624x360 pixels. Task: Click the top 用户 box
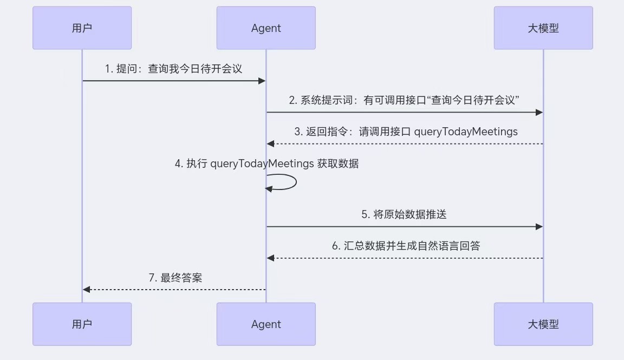(x=82, y=28)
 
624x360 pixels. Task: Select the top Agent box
(x=266, y=28)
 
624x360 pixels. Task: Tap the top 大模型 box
(x=543, y=28)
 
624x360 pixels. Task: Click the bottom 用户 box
(x=82, y=324)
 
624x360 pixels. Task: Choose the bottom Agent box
(x=266, y=324)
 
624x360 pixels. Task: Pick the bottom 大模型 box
(x=543, y=324)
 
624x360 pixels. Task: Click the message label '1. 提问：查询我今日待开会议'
(x=173, y=69)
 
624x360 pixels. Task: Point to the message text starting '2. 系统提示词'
(x=404, y=100)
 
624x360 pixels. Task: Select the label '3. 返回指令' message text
(x=406, y=132)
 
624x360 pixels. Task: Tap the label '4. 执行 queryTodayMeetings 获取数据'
(x=266, y=163)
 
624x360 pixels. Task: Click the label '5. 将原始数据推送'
(x=404, y=214)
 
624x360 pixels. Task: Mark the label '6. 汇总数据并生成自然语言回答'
(x=406, y=246)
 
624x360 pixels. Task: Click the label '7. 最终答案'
(x=175, y=278)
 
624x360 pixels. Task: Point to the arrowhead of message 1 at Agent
(x=262, y=81)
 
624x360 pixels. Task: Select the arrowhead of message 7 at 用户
(x=86, y=290)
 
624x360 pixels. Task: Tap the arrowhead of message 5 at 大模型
(x=539, y=227)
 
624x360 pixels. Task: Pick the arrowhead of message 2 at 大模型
(x=539, y=112)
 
